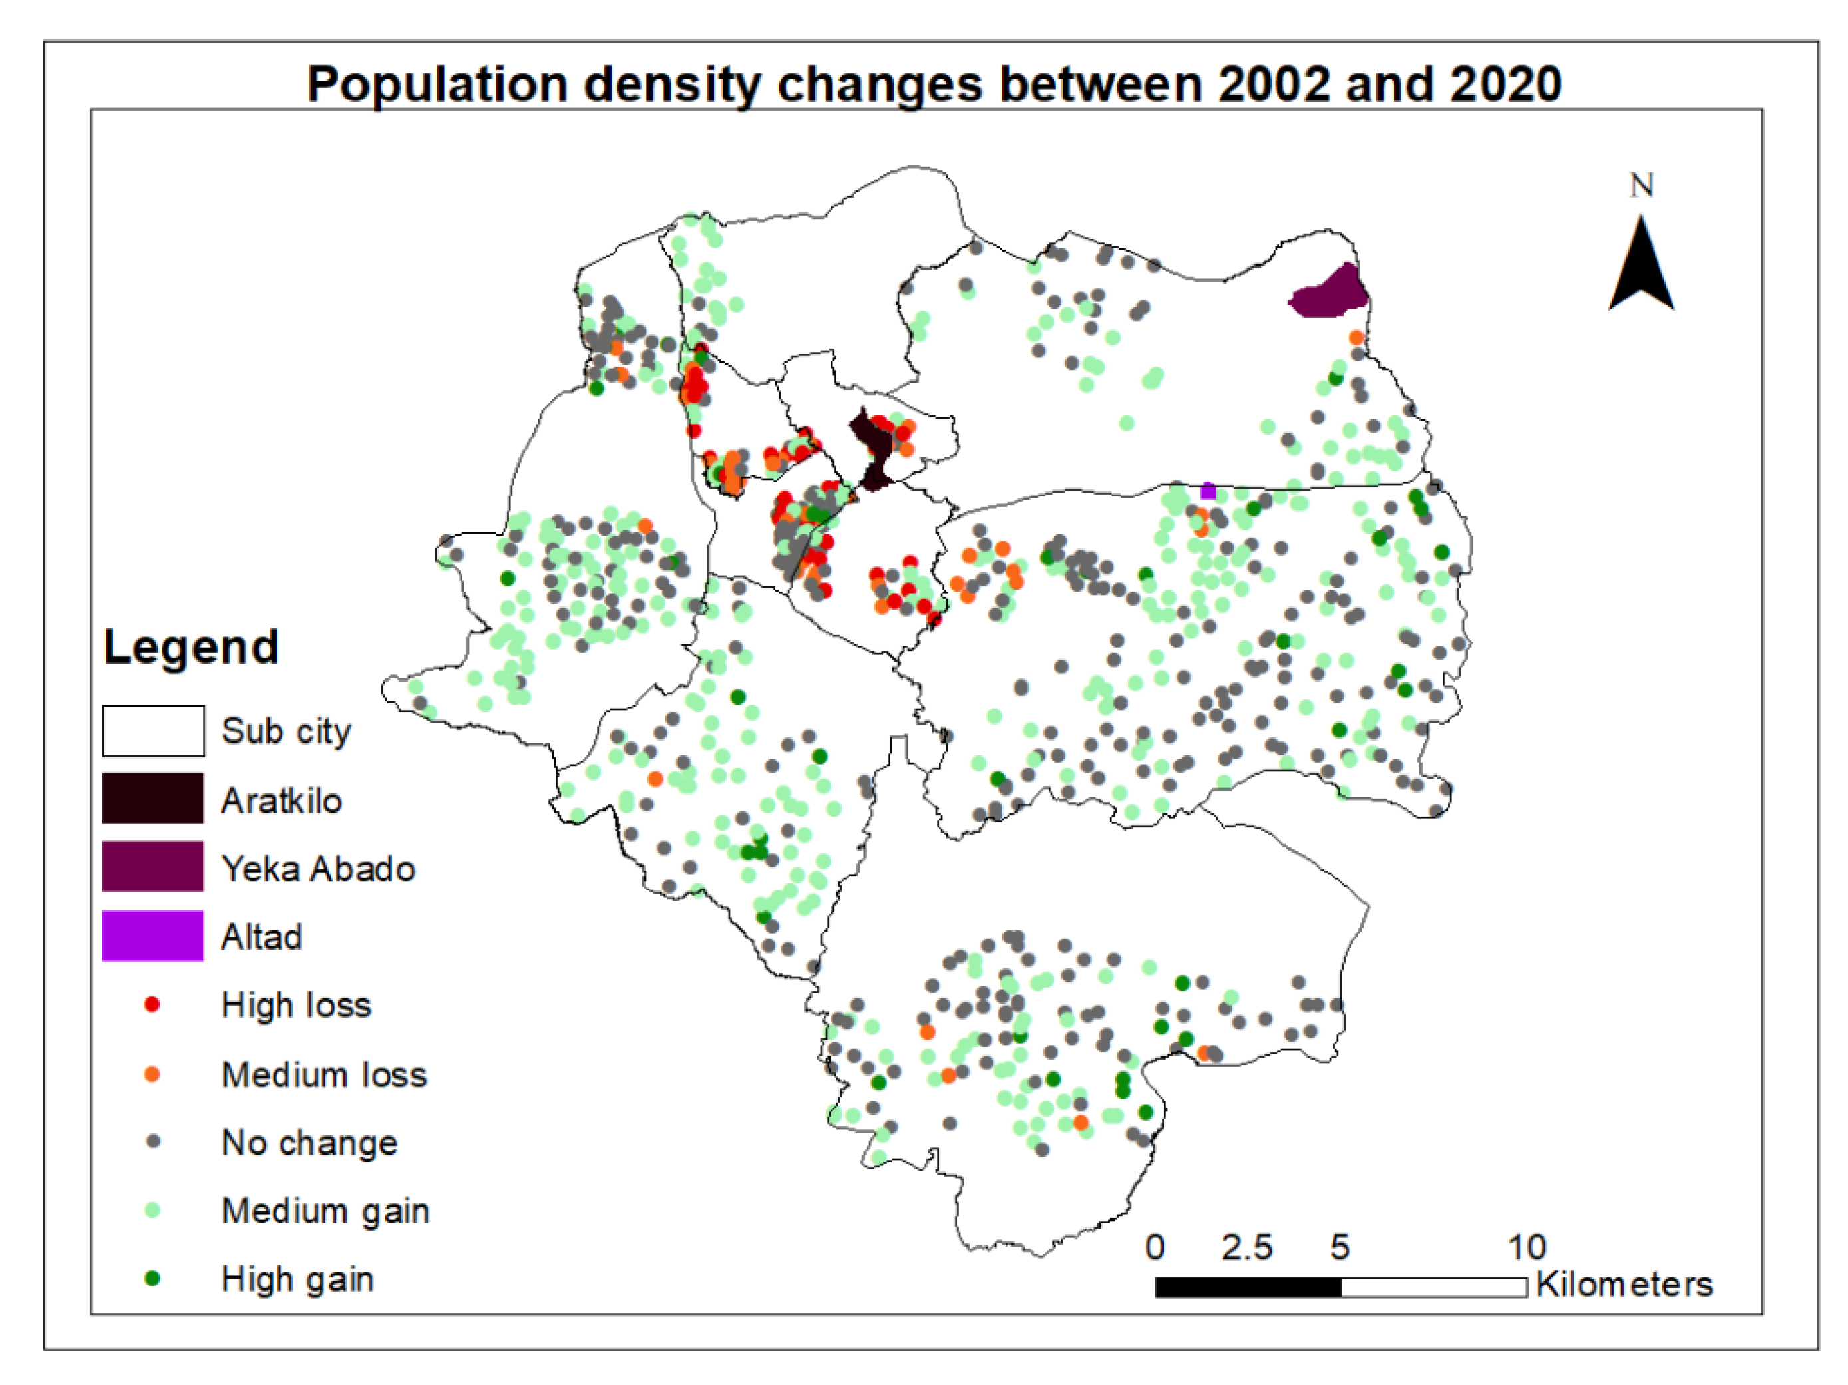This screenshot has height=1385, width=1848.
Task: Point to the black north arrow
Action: [1642, 268]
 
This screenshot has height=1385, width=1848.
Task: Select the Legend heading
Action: [190, 646]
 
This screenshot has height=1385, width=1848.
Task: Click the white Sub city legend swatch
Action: [153, 731]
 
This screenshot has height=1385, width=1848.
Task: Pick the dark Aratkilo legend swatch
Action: [153, 799]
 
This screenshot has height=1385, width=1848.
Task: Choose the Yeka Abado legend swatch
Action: [153, 867]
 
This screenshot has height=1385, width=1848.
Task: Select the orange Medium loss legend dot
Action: [152, 1074]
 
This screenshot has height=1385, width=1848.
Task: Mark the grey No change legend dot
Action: [152, 1142]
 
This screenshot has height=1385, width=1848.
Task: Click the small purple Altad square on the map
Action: [1208, 491]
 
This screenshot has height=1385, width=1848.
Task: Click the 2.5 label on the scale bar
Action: [1246, 1247]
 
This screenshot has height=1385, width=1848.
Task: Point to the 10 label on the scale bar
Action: [1527, 1247]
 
